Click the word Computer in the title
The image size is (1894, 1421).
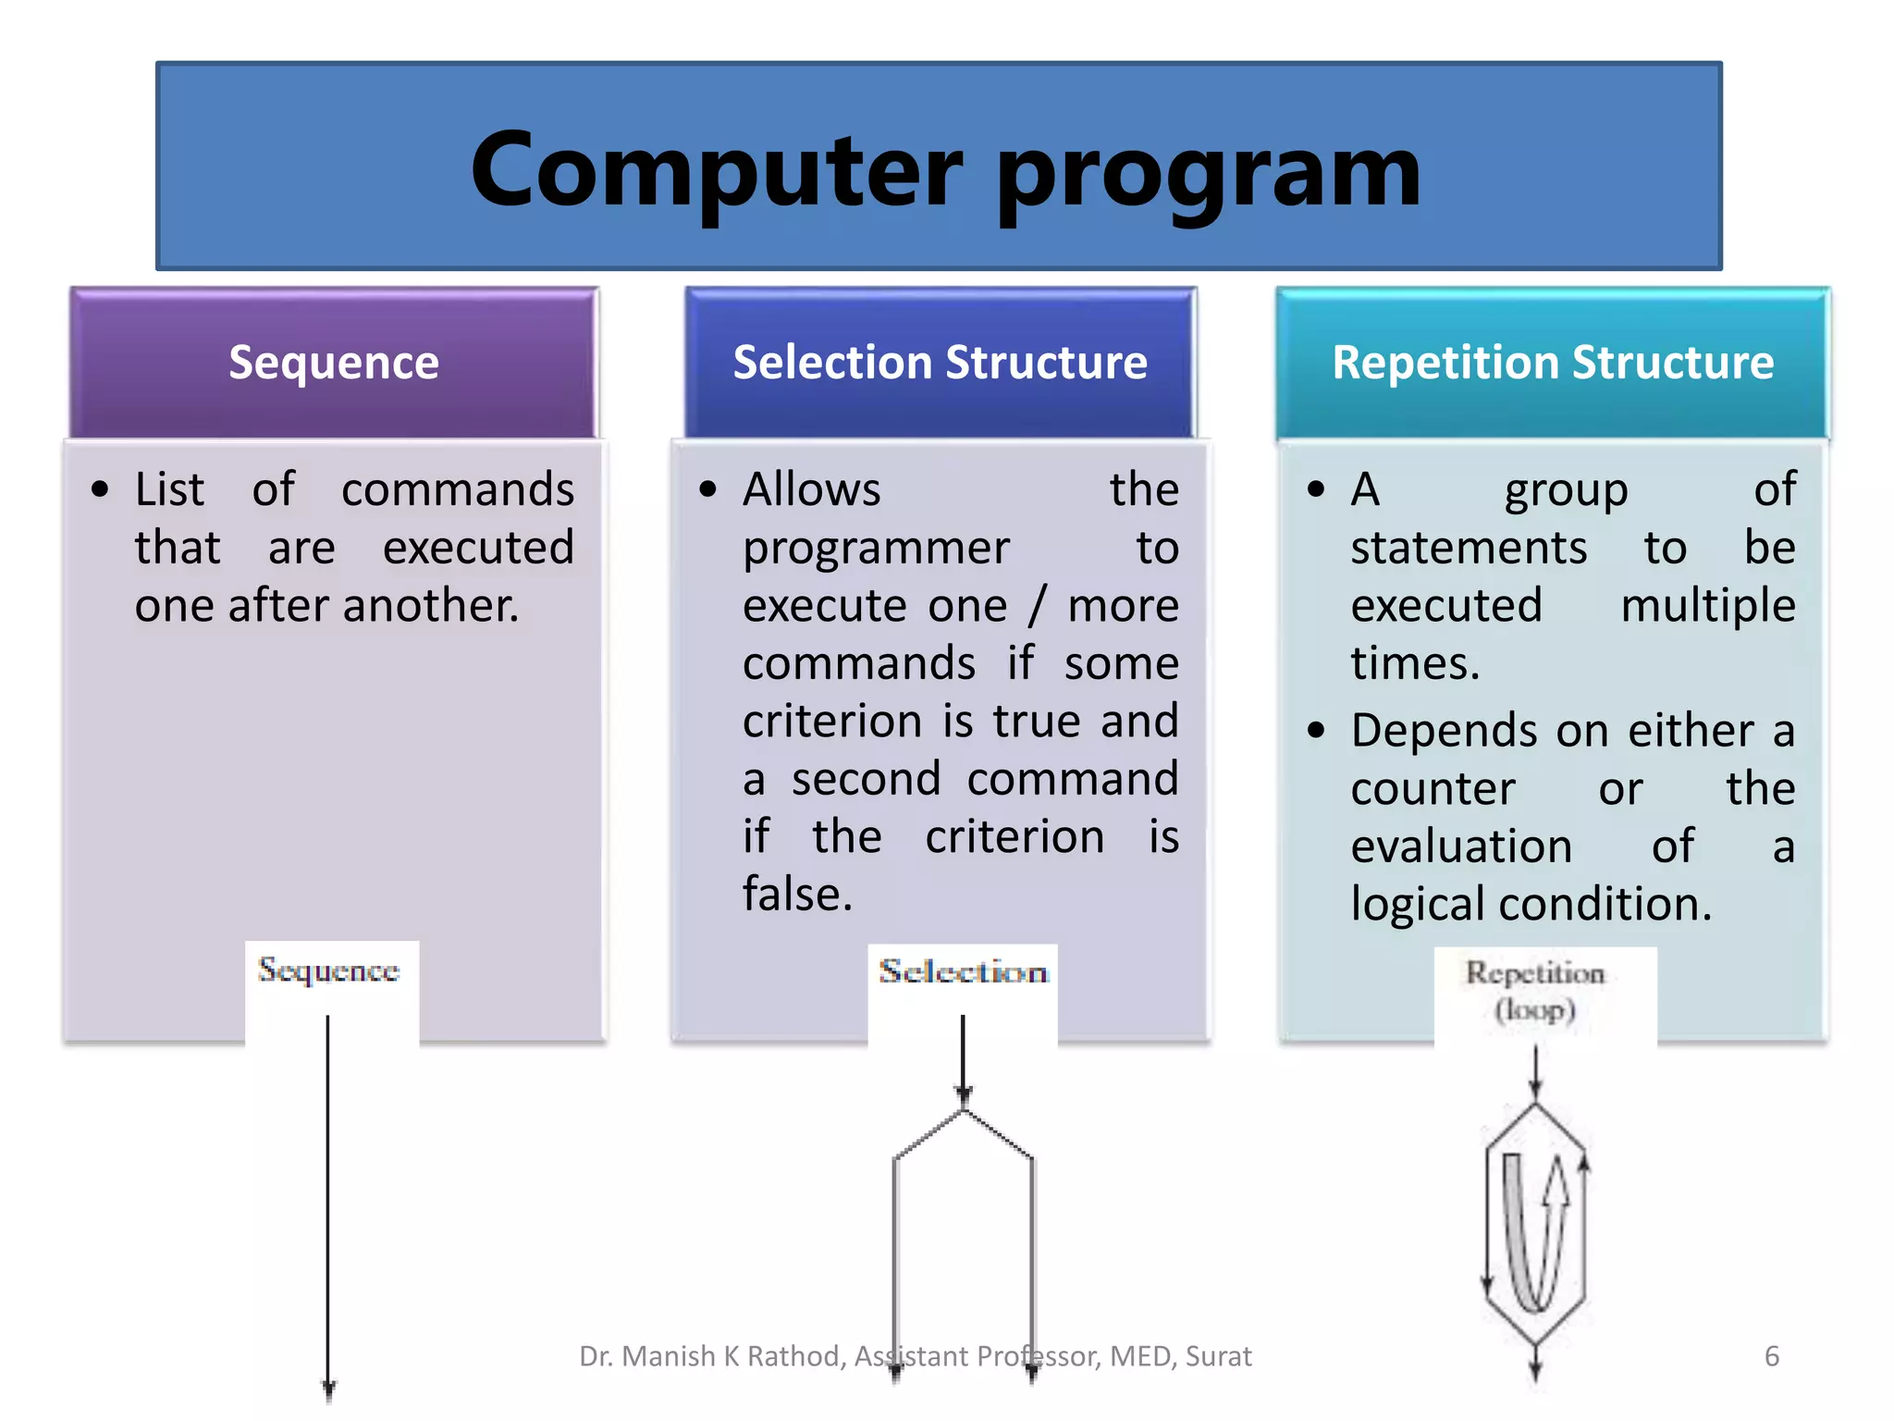click(717, 170)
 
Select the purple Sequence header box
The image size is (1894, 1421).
click(334, 363)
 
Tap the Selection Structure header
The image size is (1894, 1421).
click(940, 363)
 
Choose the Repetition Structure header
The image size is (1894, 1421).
click(1552, 363)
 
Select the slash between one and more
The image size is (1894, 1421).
click(1037, 606)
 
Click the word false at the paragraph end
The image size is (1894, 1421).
click(795, 895)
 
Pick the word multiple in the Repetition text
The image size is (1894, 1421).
click(1707, 606)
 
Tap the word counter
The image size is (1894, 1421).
click(1433, 789)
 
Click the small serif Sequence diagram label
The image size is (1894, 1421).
click(328, 970)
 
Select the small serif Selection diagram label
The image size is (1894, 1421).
click(963, 971)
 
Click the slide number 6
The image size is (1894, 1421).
click(1771, 1356)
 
